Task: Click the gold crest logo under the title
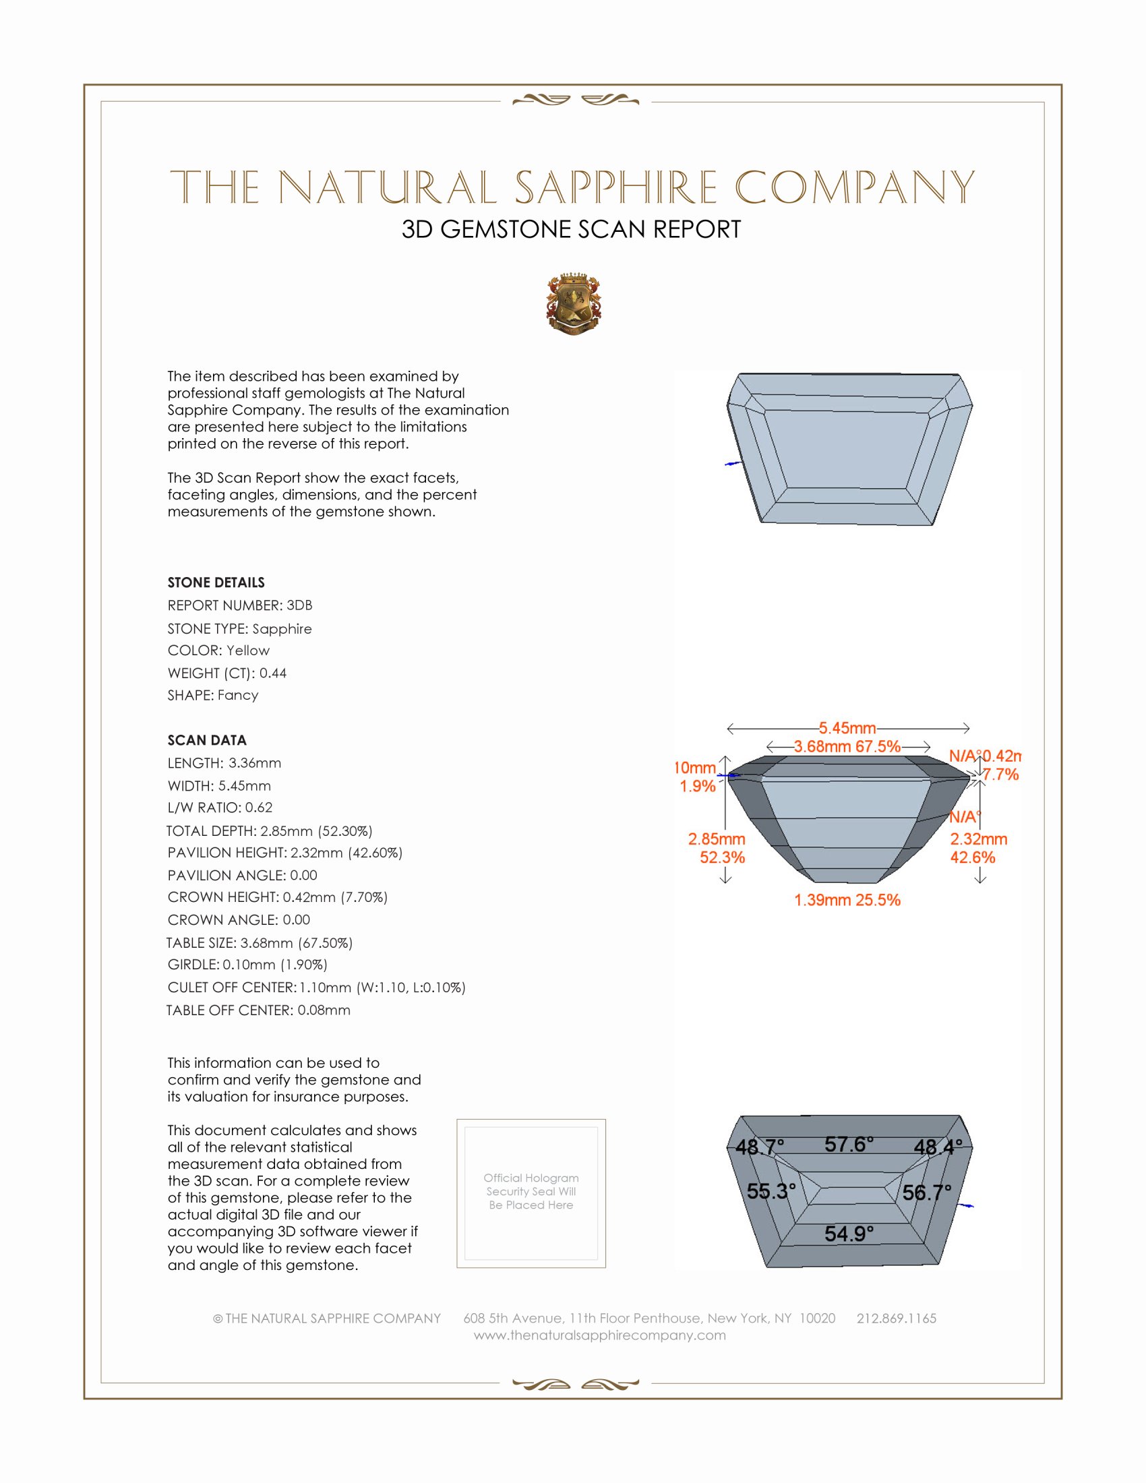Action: [x=574, y=303]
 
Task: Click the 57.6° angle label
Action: [x=849, y=1144]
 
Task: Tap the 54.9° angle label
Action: [x=849, y=1233]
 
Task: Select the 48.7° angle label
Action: [x=760, y=1147]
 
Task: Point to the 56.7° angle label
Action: [x=927, y=1192]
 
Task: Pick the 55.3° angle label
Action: [x=771, y=1190]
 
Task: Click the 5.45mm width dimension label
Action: [x=847, y=728]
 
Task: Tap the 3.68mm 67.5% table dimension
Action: [x=847, y=746]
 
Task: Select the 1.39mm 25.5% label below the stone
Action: [x=847, y=900]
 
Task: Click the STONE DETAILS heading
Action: [x=216, y=582]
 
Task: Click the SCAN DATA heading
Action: [x=207, y=740]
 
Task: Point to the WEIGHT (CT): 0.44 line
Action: [x=227, y=673]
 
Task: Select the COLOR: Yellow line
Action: [x=218, y=650]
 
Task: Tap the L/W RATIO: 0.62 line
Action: [x=220, y=808]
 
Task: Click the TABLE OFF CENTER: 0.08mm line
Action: [x=259, y=1010]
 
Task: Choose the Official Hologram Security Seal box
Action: [x=531, y=1193]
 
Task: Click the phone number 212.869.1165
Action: [x=896, y=1318]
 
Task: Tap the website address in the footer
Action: [x=599, y=1335]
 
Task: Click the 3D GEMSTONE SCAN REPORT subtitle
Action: [x=571, y=229]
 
